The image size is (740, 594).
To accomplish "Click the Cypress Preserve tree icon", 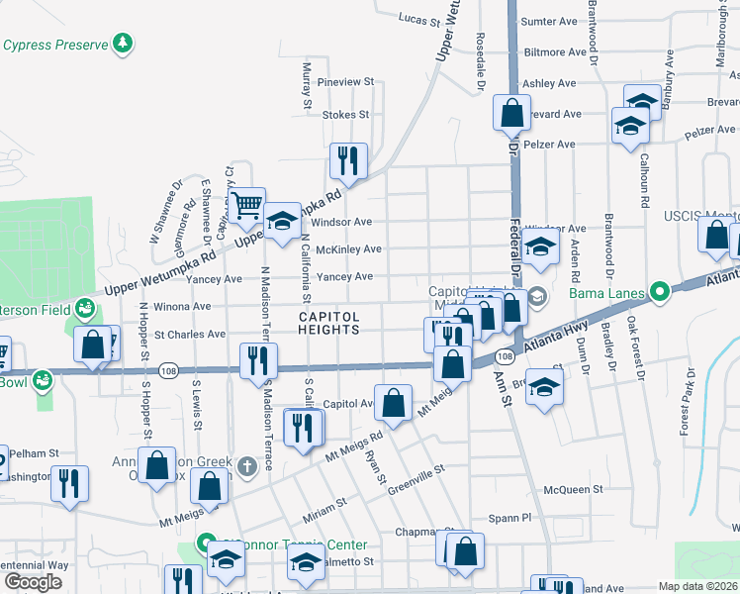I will point(123,44).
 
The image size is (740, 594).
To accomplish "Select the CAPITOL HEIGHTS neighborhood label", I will point(327,323).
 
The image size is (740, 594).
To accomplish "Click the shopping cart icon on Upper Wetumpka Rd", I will point(247,206).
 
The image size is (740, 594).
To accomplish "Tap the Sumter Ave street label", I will point(548,21).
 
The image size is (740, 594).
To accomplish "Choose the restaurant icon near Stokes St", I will point(347,159).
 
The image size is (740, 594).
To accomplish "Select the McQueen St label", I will point(573,489).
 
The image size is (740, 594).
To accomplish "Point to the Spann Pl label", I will point(512,517).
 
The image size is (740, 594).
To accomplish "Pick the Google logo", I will point(33,581).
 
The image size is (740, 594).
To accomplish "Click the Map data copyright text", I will point(697,586).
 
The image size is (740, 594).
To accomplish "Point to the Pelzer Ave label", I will point(549,145).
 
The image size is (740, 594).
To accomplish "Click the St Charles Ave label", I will point(190,335).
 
